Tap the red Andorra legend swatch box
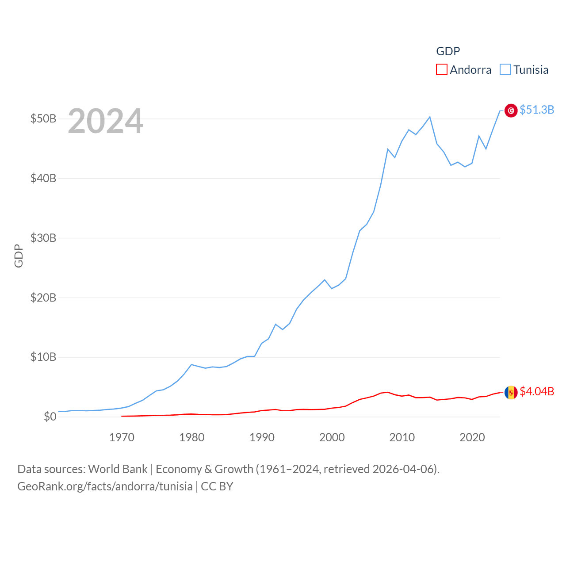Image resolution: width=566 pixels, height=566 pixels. pos(441,70)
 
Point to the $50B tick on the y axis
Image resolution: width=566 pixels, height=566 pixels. pos(43,119)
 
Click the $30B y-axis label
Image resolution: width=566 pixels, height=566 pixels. pos(43,238)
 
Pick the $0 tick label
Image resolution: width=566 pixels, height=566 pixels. pos(50,417)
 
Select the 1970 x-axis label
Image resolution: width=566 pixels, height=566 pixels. pos(122,438)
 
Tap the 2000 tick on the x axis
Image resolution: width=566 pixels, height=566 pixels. pos(332,438)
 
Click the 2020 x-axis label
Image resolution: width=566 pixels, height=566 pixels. pos(472,438)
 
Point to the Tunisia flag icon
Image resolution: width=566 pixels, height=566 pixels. pos(511,111)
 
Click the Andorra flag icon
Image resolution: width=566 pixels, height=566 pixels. pos(511,392)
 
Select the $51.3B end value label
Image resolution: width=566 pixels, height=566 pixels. pos(537,110)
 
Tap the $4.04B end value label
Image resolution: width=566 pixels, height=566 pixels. pos(537,391)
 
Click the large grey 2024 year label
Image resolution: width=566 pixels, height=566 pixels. pos(106,121)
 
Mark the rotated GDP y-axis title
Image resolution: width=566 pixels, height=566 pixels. pos(19,256)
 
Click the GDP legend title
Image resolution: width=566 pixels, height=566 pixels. pos(448,51)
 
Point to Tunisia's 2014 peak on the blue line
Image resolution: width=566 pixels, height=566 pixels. pos(430,117)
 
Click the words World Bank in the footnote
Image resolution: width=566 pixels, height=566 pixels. pos(118,469)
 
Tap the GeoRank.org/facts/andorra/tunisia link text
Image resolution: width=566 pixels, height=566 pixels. pos(105,486)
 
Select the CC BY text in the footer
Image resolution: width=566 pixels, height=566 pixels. pos(217,486)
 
